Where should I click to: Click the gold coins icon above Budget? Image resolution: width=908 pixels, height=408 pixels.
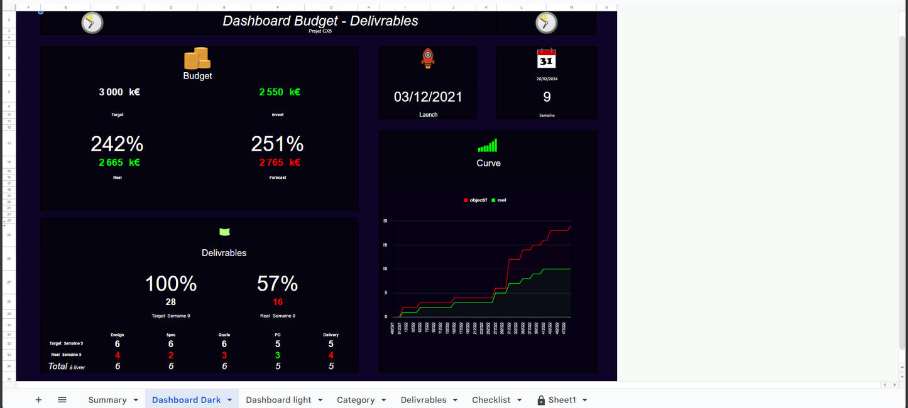(197, 59)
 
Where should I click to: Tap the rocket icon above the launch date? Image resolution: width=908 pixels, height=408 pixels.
(428, 58)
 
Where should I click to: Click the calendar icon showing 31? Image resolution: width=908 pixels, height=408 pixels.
(547, 58)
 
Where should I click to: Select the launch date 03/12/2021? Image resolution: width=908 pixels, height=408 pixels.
(428, 97)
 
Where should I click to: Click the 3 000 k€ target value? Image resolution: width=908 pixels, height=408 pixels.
(119, 92)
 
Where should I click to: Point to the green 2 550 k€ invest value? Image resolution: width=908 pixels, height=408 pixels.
(279, 92)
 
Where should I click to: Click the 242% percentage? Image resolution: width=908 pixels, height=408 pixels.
(117, 144)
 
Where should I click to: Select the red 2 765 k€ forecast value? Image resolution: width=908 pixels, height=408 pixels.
(279, 163)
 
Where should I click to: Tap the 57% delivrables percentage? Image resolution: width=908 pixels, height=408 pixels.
(277, 284)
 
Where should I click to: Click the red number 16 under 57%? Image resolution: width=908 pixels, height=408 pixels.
(278, 302)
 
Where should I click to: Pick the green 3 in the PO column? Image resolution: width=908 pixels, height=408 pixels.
(278, 355)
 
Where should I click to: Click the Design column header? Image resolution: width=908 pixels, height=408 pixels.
(117, 335)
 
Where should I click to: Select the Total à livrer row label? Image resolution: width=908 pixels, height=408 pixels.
(67, 367)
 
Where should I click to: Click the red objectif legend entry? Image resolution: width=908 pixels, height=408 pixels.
(476, 200)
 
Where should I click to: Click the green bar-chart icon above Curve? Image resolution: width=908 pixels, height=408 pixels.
(488, 146)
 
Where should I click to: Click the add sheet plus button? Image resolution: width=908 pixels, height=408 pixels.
(38, 400)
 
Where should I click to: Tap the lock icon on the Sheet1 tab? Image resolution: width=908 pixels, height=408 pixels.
(541, 400)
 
